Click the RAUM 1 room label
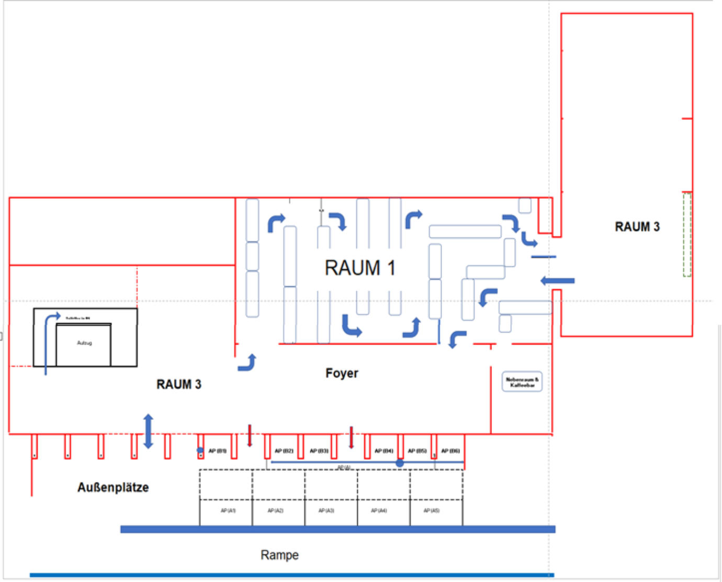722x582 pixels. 360,268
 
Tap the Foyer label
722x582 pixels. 342,373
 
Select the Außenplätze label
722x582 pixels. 113,487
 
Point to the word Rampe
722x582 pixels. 279,555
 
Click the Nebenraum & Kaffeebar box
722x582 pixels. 522,382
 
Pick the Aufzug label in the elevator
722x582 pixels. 84,343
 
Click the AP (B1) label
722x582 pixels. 217,451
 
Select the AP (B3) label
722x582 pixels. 319,451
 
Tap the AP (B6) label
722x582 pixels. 450,451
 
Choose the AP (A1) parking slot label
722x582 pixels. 228,510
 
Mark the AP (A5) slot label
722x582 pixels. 432,510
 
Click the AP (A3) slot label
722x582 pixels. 326,510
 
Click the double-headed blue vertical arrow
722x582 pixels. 149,431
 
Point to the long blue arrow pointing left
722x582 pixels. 558,281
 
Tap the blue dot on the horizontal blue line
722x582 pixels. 400,463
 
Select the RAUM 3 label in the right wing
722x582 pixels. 637,227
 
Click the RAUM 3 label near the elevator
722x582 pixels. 178,384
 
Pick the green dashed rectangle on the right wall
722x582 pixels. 687,235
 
